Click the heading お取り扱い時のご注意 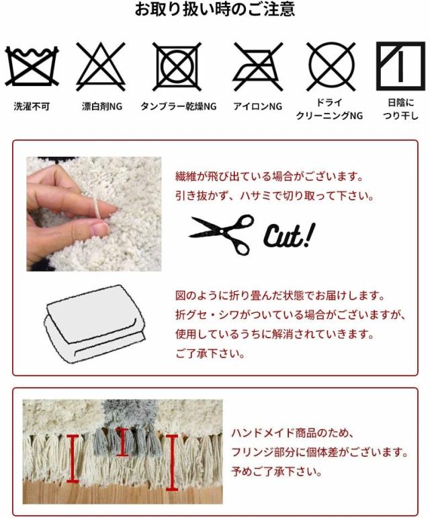click(x=215, y=10)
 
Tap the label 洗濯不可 click(x=32, y=106)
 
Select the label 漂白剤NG click(x=102, y=106)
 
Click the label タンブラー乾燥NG click(x=178, y=106)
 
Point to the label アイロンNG click(x=257, y=106)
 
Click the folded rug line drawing click(x=94, y=324)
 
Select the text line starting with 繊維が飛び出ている click(x=269, y=177)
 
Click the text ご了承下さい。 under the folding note click(x=210, y=354)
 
